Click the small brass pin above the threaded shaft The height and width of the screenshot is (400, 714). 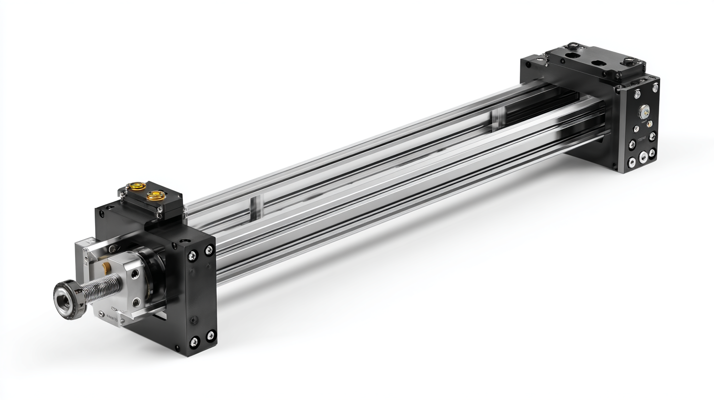106,267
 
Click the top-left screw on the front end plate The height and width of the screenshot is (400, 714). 193,255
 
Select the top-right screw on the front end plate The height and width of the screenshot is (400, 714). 209,250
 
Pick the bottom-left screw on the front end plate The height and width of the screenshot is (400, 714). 194,341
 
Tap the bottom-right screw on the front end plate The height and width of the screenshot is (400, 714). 211,335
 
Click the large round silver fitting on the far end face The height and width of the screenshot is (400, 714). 643,112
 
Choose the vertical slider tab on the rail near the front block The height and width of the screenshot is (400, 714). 254,208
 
